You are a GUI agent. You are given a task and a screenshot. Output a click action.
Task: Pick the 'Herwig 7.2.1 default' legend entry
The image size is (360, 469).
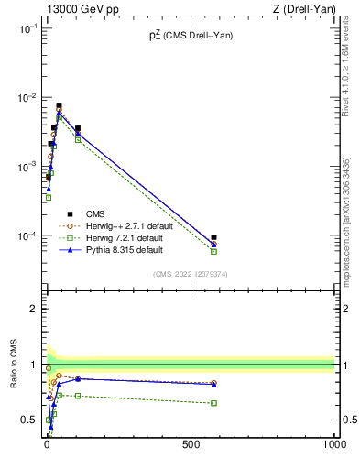(x=133, y=237)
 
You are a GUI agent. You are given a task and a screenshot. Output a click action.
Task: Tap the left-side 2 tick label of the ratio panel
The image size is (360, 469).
(x=32, y=310)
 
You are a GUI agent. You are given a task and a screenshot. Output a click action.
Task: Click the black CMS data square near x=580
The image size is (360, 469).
(x=213, y=237)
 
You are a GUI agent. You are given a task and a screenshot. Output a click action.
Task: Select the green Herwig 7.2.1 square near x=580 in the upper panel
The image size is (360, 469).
(x=213, y=251)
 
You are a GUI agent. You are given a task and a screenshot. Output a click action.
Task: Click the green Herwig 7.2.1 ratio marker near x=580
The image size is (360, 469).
(x=213, y=403)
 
